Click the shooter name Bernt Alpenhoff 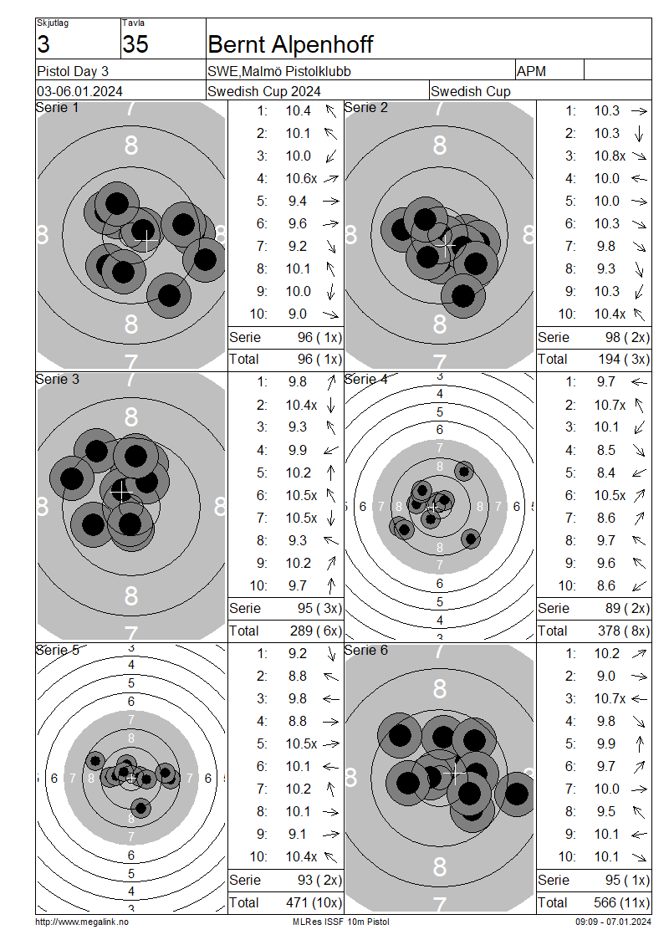click(x=290, y=44)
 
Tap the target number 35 click(x=135, y=44)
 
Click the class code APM click(x=531, y=72)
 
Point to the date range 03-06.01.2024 click(x=79, y=92)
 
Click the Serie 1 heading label click(x=57, y=108)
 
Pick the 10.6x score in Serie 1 click(x=301, y=178)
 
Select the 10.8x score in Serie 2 click(x=610, y=156)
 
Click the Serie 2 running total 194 click(x=610, y=360)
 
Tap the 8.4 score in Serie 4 click(x=605, y=473)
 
